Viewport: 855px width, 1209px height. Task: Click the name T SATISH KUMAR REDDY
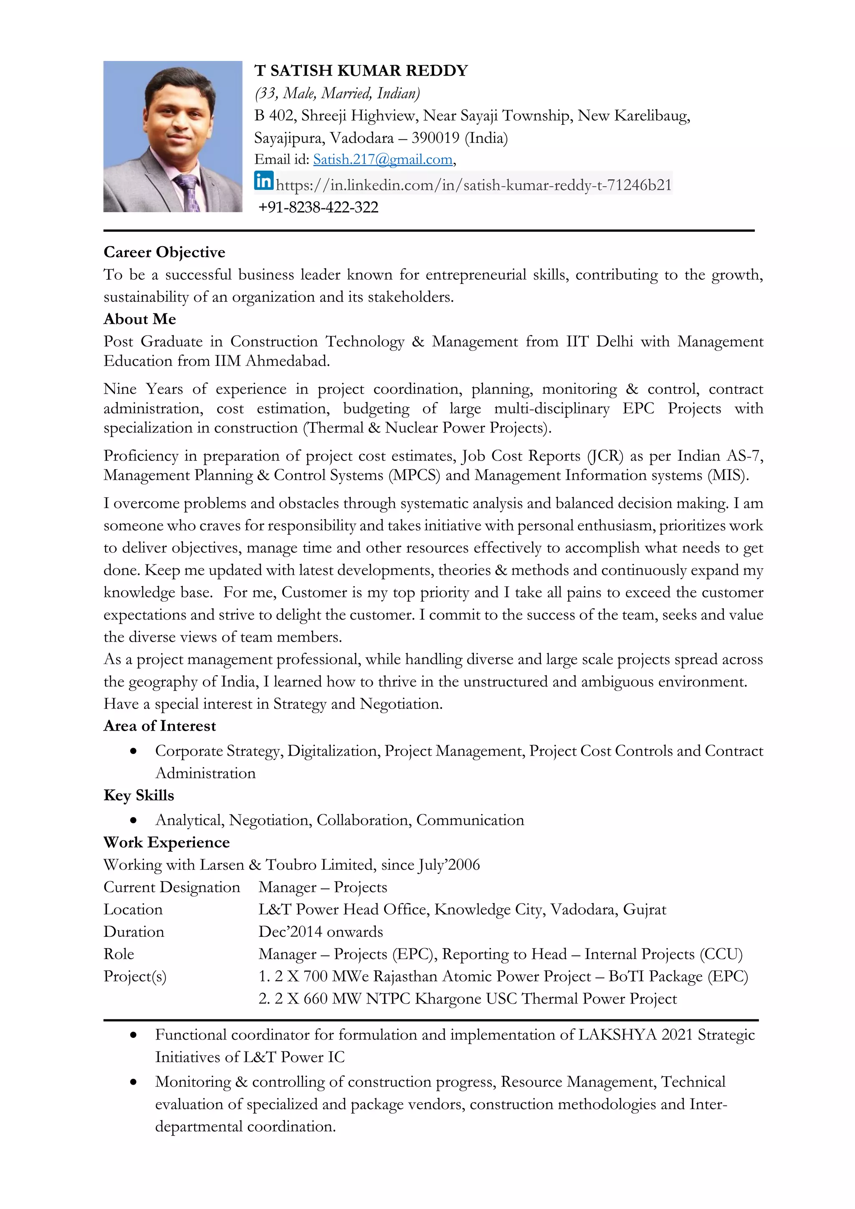[x=361, y=71]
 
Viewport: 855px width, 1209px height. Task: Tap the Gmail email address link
[x=383, y=159]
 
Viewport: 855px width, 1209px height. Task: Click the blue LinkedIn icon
[x=264, y=181]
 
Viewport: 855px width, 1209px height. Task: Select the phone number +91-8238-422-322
[x=318, y=207]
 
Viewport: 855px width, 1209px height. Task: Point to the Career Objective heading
[x=164, y=252]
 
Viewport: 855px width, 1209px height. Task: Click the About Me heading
[x=139, y=319]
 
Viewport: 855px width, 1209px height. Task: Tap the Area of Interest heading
[x=159, y=726]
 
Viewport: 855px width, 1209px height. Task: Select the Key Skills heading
[x=139, y=795]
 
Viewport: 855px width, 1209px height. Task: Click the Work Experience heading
[x=167, y=842]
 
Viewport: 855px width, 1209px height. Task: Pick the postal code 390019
[x=435, y=138]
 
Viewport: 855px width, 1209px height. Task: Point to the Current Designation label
[x=172, y=887]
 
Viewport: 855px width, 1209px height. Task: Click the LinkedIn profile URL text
[x=473, y=185]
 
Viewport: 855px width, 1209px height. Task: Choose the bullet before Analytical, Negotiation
[x=134, y=820]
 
